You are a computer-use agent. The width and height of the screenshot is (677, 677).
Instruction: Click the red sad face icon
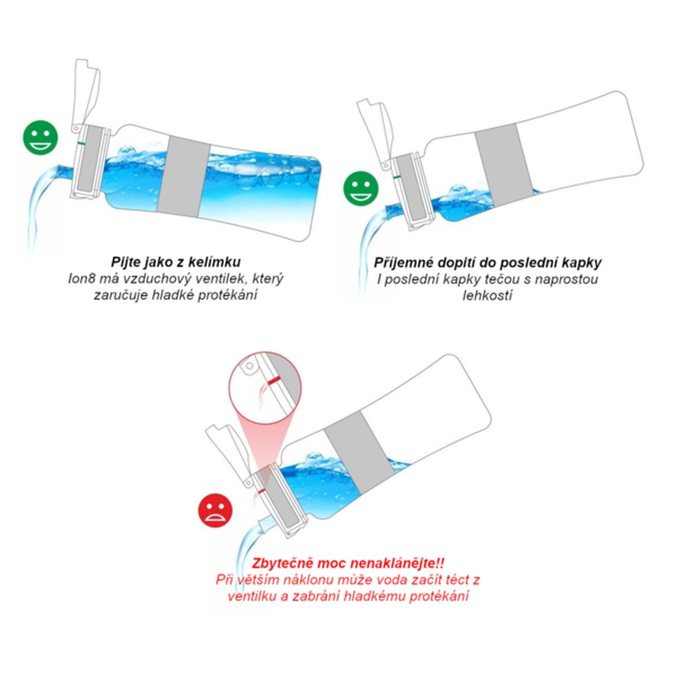click(x=215, y=510)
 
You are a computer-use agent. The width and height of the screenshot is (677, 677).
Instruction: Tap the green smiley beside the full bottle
click(x=40, y=137)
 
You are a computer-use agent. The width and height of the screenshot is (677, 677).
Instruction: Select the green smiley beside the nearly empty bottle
click(x=360, y=188)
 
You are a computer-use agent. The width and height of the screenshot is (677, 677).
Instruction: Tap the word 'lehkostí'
click(x=487, y=295)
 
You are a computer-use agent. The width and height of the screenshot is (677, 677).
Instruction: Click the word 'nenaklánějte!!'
click(x=397, y=563)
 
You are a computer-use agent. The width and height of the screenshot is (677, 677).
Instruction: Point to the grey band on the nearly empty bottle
click(x=504, y=164)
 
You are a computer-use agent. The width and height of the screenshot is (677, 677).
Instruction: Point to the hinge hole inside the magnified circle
click(x=249, y=367)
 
